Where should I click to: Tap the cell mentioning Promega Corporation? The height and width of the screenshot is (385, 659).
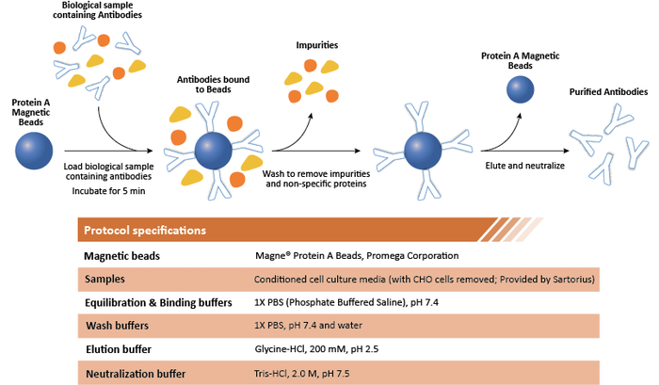(x=356, y=255)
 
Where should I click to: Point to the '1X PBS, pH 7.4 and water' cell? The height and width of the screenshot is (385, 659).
(x=312, y=325)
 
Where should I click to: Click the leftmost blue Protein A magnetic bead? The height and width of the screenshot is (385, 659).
(x=34, y=151)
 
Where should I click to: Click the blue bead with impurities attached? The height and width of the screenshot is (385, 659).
(x=214, y=151)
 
